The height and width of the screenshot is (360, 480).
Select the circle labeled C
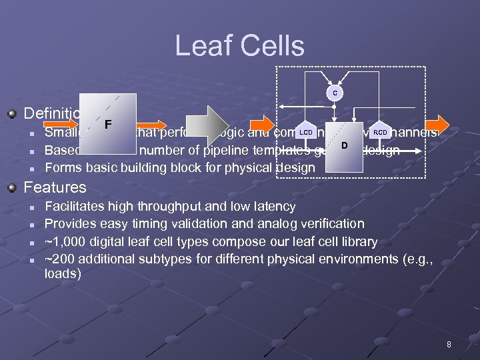335,93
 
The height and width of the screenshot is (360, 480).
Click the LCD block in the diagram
305,132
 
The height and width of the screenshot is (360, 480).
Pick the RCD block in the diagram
380,132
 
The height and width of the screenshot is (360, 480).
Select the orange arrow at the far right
438,124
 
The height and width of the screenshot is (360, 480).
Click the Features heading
55,188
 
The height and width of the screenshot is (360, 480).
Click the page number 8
449,345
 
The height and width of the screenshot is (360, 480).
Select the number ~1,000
69,241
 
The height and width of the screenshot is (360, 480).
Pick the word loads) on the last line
63,273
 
